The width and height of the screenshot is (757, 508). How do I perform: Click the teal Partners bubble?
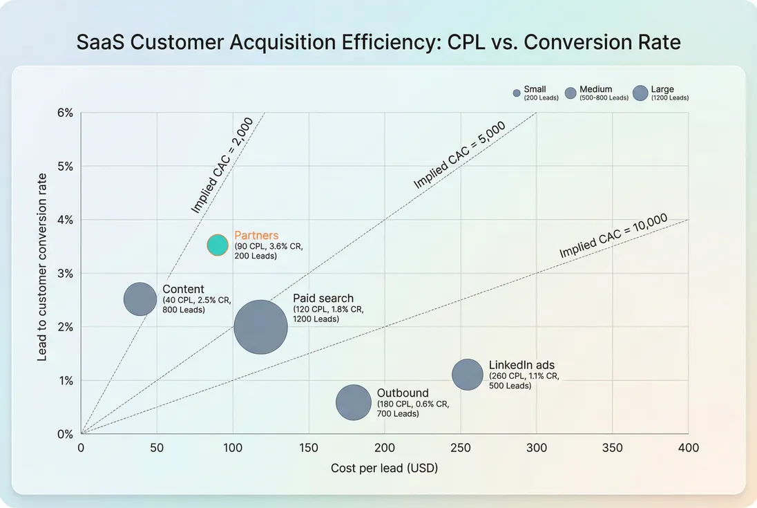pyautogui.click(x=218, y=245)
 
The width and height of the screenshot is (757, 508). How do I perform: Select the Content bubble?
pyautogui.click(x=140, y=299)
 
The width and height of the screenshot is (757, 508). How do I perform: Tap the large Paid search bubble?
pyautogui.click(x=260, y=328)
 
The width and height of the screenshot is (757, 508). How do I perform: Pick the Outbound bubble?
pyautogui.click(x=354, y=403)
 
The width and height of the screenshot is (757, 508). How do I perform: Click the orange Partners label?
pyautogui.click(x=256, y=236)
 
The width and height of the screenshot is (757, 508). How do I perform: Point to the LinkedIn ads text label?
pyautogui.click(x=521, y=365)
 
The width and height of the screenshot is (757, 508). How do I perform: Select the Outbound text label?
pyautogui.click(x=403, y=393)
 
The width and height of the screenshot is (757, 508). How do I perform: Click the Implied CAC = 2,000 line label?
pyautogui.click(x=222, y=164)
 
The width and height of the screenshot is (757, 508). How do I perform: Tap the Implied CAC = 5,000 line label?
pyautogui.click(x=459, y=156)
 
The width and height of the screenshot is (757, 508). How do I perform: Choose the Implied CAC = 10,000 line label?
pyautogui.click(x=613, y=236)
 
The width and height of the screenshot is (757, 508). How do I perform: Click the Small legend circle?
pyautogui.click(x=517, y=93)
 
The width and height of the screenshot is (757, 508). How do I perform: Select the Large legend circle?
pyautogui.click(x=641, y=93)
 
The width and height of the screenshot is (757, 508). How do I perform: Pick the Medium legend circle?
pyautogui.click(x=571, y=93)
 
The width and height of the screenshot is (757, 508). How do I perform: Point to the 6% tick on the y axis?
pyautogui.click(x=65, y=113)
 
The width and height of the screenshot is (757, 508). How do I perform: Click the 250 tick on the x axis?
pyautogui.click(x=460, y=448)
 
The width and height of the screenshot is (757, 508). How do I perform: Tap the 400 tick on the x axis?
pyautogui.click(x=688, y=448)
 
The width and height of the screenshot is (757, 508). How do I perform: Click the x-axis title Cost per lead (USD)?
pyautogui.click(x=384, y=469)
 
